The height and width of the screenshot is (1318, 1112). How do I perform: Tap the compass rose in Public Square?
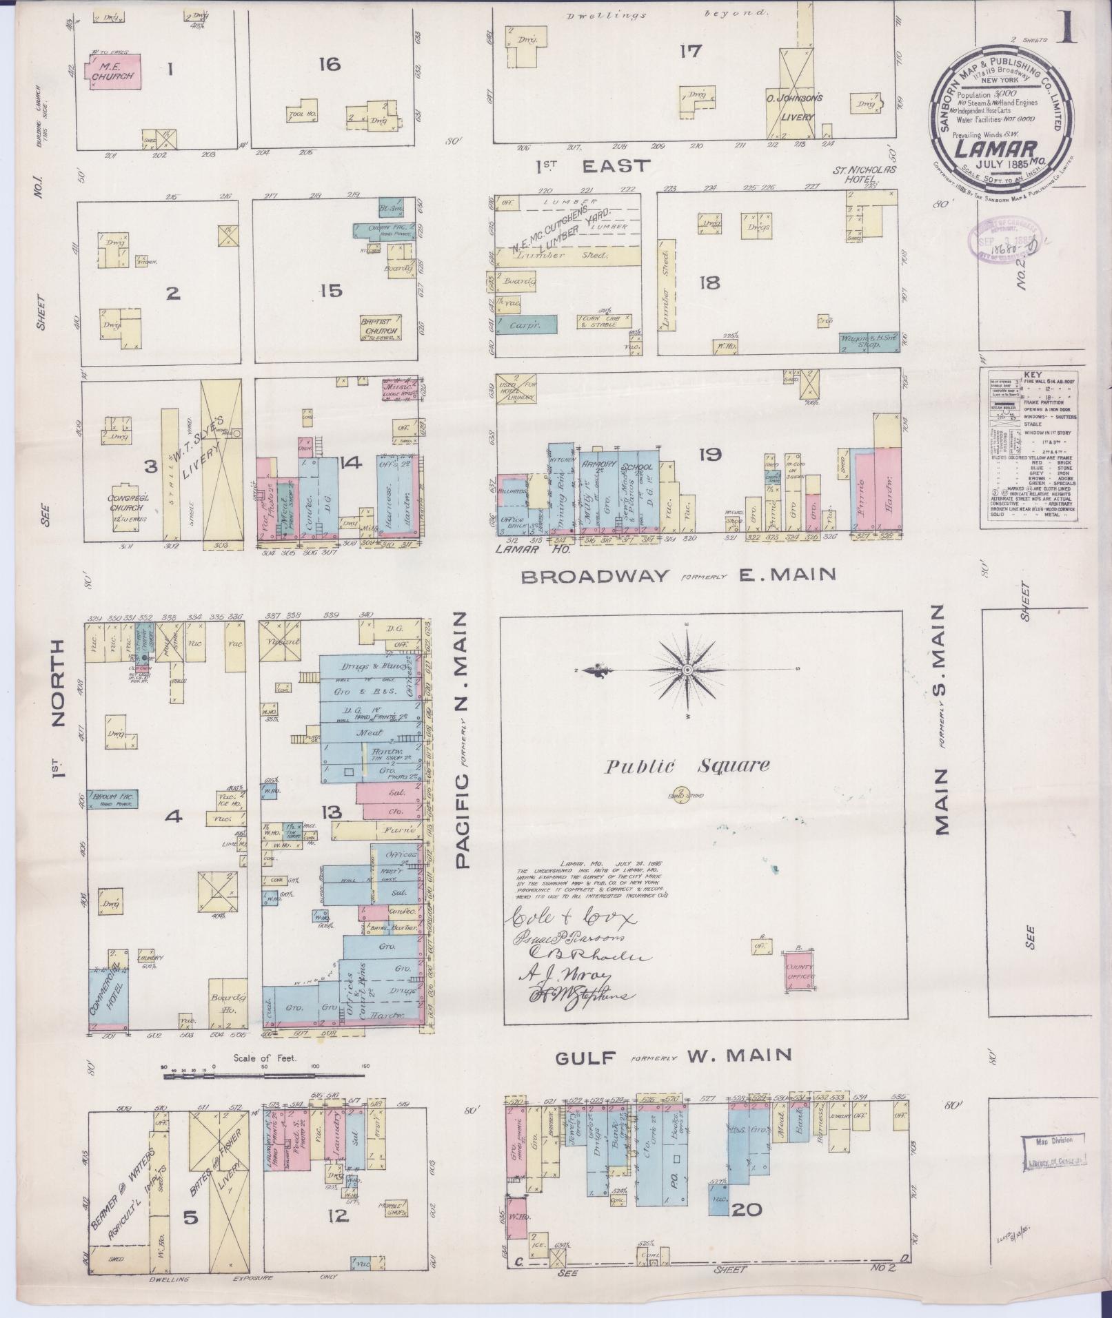[x=687, y=670]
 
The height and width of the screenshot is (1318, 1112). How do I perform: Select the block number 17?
[x=690, y=50]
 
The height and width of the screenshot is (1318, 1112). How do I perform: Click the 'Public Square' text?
[x=687, y=765]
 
